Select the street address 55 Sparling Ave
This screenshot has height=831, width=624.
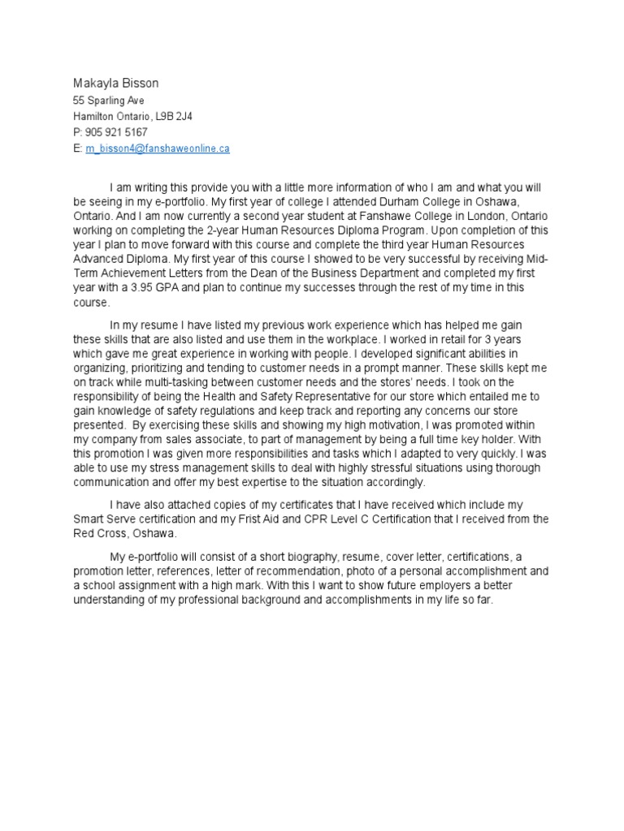pyautogui.click(x=109, y=101)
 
